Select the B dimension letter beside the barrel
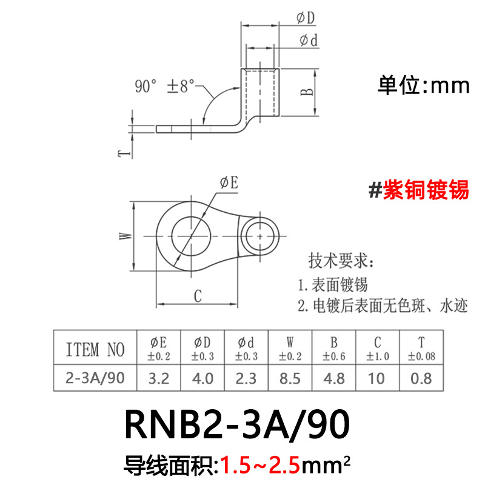point(307,92)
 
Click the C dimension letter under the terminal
point(197,296)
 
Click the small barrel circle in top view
point(261,234)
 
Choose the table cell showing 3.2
point(158,379)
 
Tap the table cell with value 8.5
point(290,379)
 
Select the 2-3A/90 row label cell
point(95,379)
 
